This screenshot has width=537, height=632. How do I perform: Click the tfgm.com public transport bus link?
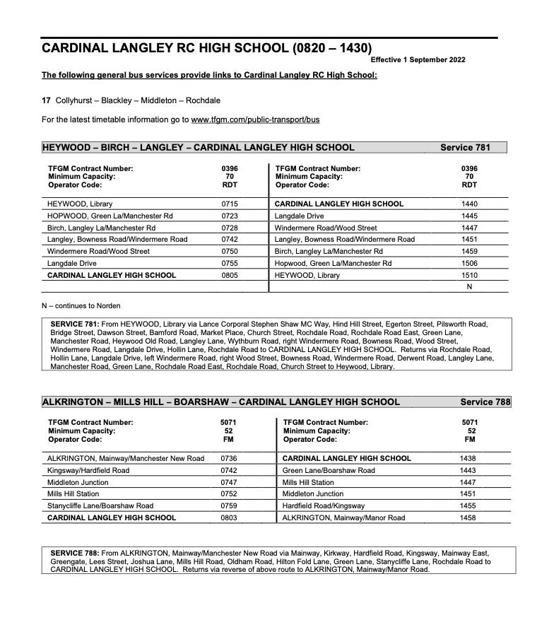coord(255,119)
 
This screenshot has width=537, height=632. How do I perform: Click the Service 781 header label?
coord(464,148)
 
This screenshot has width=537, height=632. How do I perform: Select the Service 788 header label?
coord(485,402)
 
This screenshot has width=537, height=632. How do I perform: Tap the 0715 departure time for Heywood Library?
coord(230,204)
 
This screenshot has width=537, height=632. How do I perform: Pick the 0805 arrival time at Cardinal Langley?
coord(230,275)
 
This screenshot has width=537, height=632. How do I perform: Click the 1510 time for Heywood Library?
coord(468,275)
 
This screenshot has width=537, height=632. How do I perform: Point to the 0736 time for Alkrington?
coord(228,458)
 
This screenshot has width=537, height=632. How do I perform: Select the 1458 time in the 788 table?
coord(468,517)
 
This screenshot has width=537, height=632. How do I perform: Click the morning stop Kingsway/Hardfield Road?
coord(88,470)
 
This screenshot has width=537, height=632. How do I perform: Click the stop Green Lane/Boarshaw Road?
coord(329,470)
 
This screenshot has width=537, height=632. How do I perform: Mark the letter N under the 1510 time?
coord(468,286)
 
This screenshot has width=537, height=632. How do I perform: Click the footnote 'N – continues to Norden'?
coord(81,305)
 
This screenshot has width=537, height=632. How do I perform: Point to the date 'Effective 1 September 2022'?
coord(418,59)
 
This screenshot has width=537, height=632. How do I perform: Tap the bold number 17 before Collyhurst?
coord(47,100)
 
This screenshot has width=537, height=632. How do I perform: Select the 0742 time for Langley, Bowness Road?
coord(230,239)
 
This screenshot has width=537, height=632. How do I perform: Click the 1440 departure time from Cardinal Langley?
coord(468,204)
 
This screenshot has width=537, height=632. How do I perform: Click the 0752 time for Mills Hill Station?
coord(228,493)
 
